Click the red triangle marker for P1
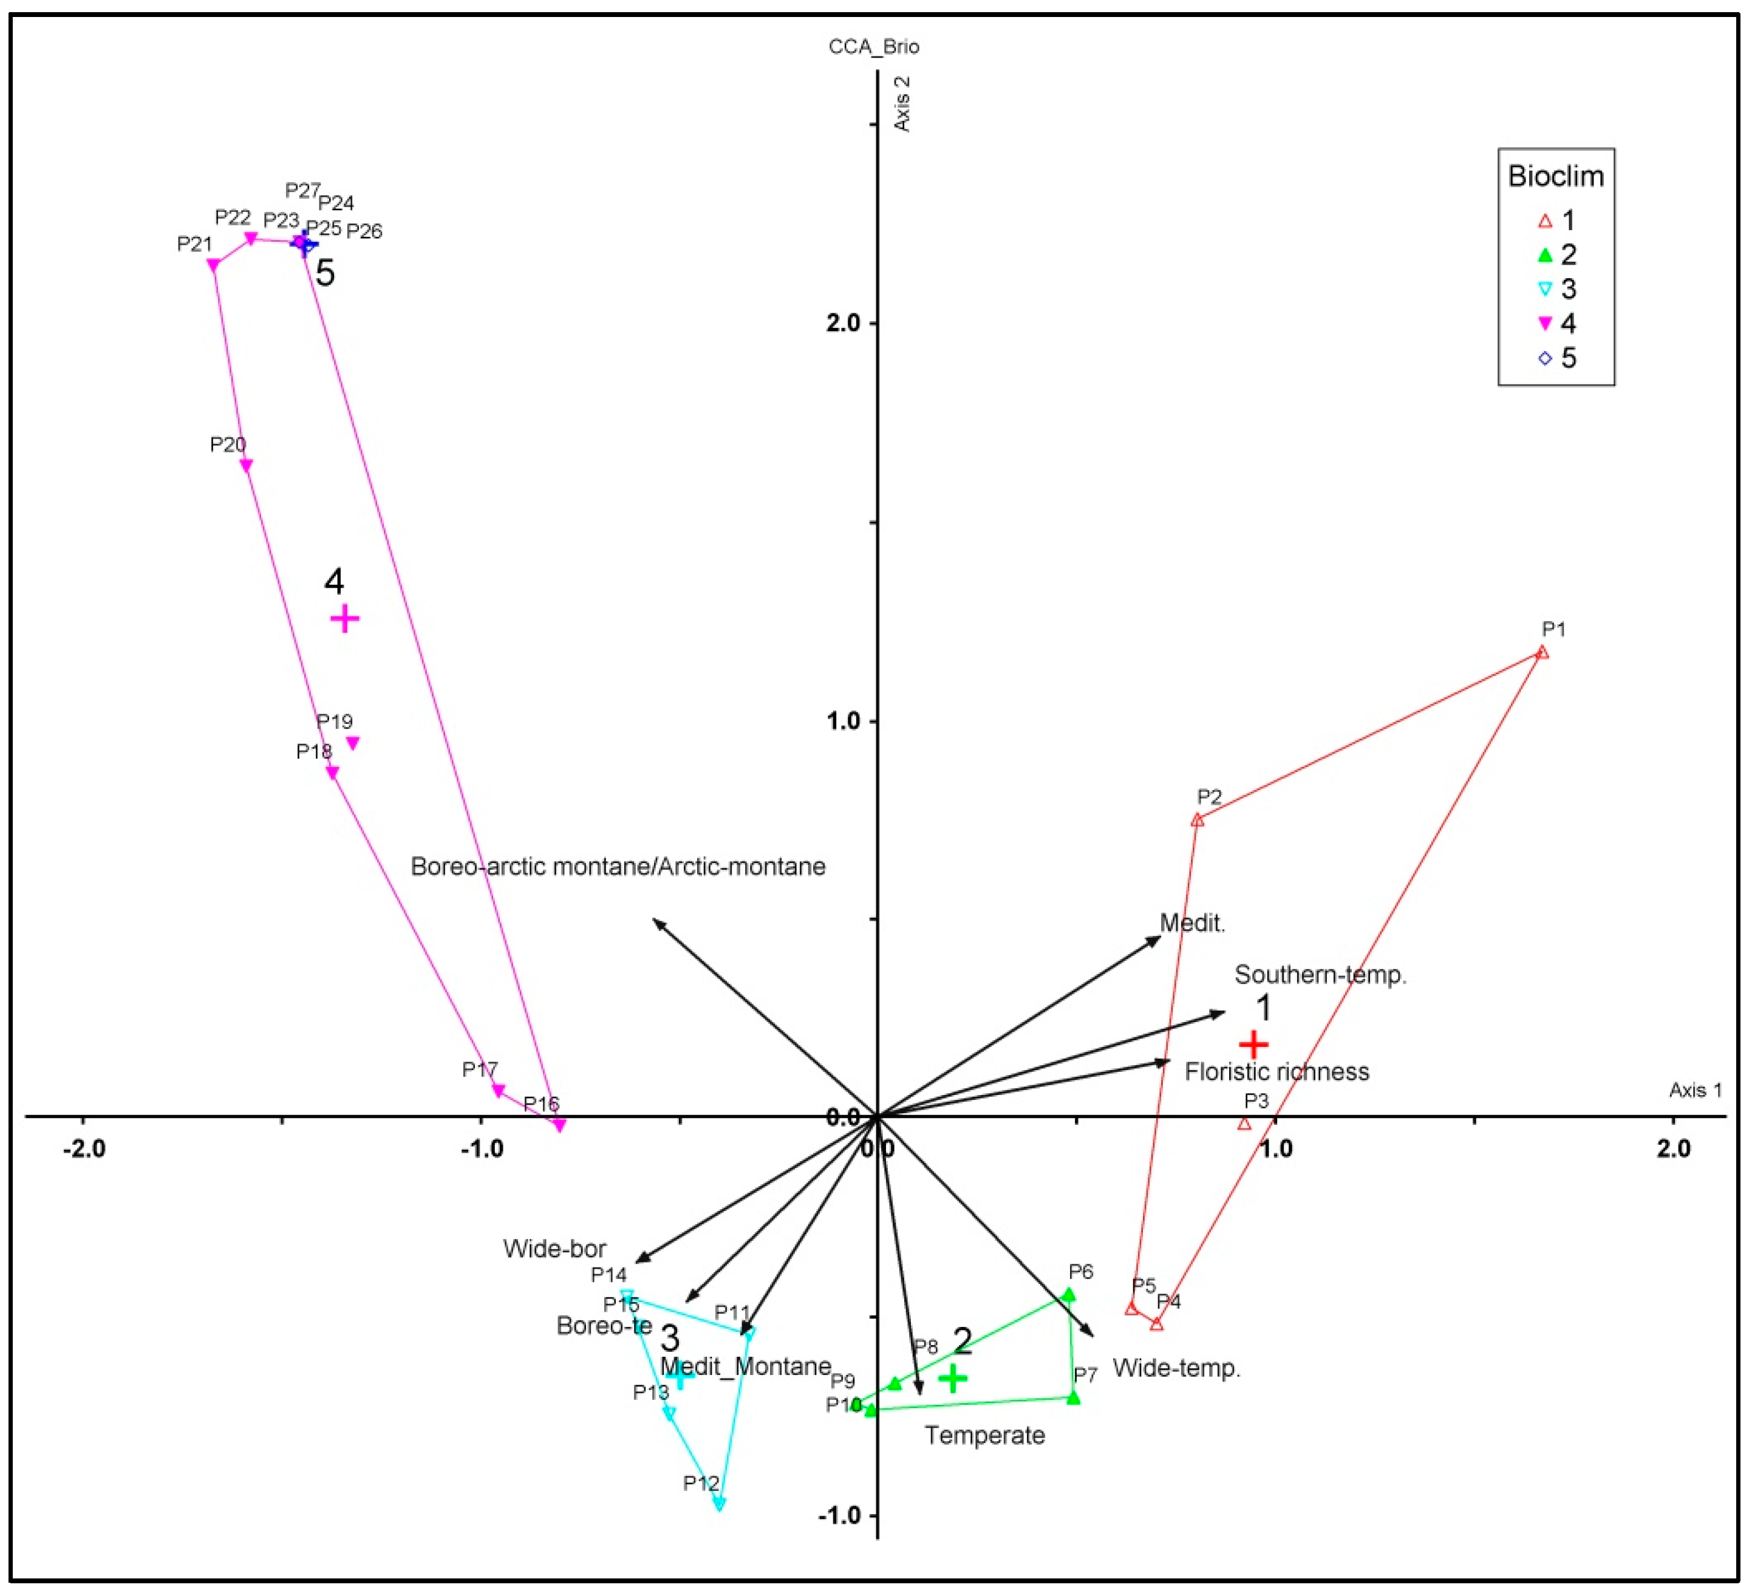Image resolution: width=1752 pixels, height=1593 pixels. (x=1542, y=653)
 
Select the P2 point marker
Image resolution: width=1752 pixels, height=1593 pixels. (x=1198, y=819)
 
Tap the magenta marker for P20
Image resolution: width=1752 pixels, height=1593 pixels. (x=246, y=466)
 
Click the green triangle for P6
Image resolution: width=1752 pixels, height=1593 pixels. (x=1069, y=1295)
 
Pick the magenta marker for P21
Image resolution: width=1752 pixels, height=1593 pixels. (x=213, y=265)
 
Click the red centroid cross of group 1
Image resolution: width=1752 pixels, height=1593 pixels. (x=1253, y=1044)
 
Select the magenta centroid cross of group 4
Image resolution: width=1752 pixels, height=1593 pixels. (x=345, y=619)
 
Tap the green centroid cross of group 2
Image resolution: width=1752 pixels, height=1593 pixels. (x=953, y=1377)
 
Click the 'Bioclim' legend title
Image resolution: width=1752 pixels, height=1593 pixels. (x=1556, y=176)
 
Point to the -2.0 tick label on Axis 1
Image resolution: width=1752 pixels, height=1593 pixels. (x=84, y=1149)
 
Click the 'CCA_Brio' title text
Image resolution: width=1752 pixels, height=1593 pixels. (x=873, y=47)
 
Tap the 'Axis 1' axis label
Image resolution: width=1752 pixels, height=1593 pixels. (x=1695, y=1090)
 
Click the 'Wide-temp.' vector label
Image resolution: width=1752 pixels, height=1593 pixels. (x=1176, y=1368)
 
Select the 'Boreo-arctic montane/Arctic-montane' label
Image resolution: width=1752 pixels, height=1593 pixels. (x=618, y=867)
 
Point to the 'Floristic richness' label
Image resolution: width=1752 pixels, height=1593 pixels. (x=1277, y=1071)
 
